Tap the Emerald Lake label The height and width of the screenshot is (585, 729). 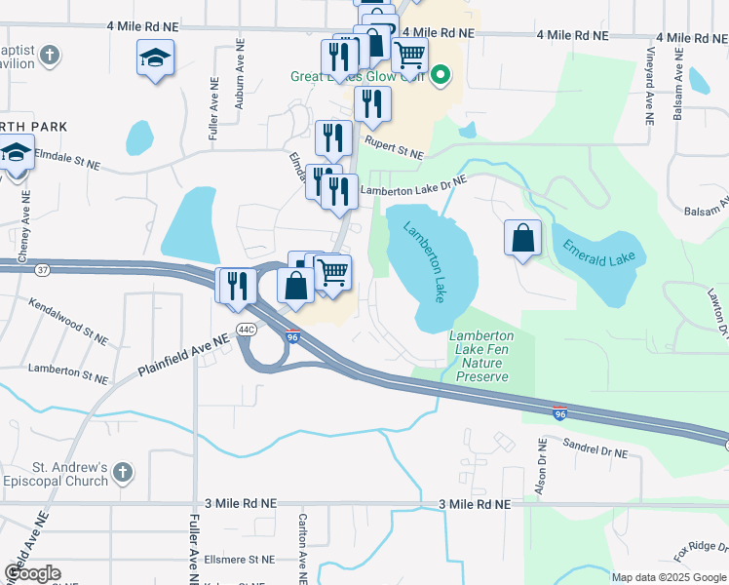point(598,250)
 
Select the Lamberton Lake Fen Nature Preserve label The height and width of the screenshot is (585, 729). point(480,356)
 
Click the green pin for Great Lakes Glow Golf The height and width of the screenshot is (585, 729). point(441,73)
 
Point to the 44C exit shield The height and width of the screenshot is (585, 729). point(245,330)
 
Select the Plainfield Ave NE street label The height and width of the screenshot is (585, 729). point(182,353)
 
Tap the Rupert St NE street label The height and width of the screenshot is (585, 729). point(395,147)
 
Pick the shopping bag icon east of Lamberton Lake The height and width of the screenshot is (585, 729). point(523,237)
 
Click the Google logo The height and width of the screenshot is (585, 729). point(32,573)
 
